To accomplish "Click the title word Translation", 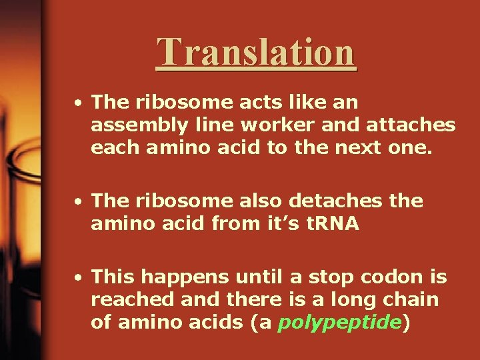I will [256, 52].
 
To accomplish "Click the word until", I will [248, 275].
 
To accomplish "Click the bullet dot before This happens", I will [79, 276].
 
